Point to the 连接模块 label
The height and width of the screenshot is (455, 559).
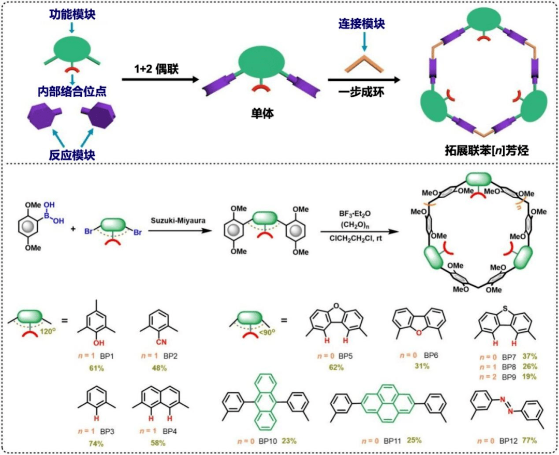click(362, 24)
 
